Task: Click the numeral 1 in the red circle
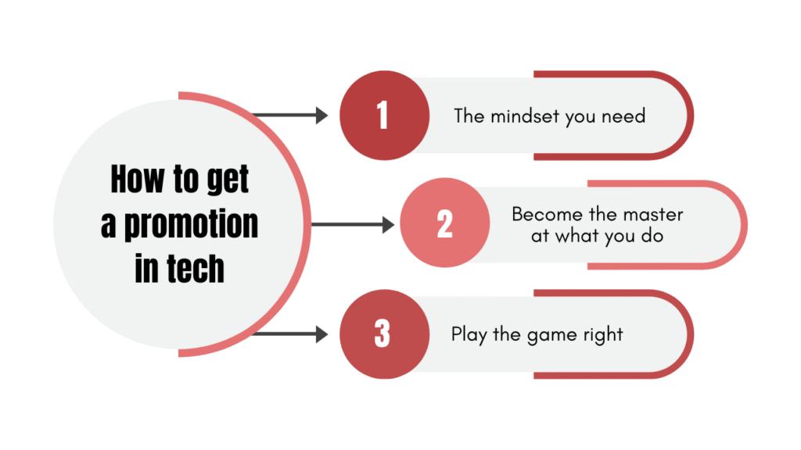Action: pyautogui.click(x=383, y=116)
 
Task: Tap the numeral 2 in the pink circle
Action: pyautogui.click(x=444, y=225)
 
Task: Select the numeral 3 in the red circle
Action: pyautogui.click(x=383, y=334)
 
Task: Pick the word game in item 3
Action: pyautogui.click(x=547, y=336)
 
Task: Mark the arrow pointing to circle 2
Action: pyautogui.click(x=352, y=225)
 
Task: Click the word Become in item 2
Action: pyautogui.click(x=543, y=214)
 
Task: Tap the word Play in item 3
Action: pyautogui.click(x=467, y=335)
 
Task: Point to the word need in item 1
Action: pyautogui.click(x=624, y=116)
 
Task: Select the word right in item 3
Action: pyautogui.click(x=603, y=335)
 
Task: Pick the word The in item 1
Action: pyautogui.click(x=469, y=116)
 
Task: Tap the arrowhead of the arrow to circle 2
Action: pyautogui.click(x=389, y=225)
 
